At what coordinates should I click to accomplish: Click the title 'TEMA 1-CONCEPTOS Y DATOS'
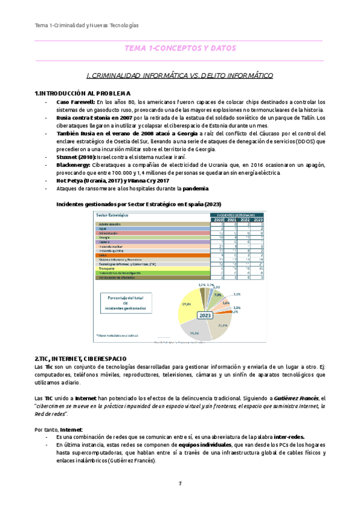tap(180, 48)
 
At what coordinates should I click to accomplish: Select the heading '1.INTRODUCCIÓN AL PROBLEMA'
tap(82, 93)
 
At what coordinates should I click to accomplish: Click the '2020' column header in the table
tap(218, 220)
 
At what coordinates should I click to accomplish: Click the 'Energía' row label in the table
tap(104, 238)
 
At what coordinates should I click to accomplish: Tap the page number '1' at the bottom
tap(179, 484)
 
